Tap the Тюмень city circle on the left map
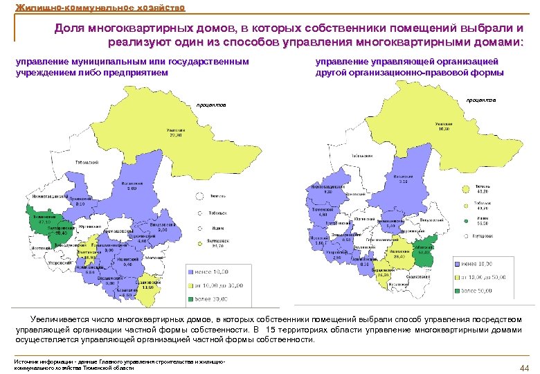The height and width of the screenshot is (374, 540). [199, 195]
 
